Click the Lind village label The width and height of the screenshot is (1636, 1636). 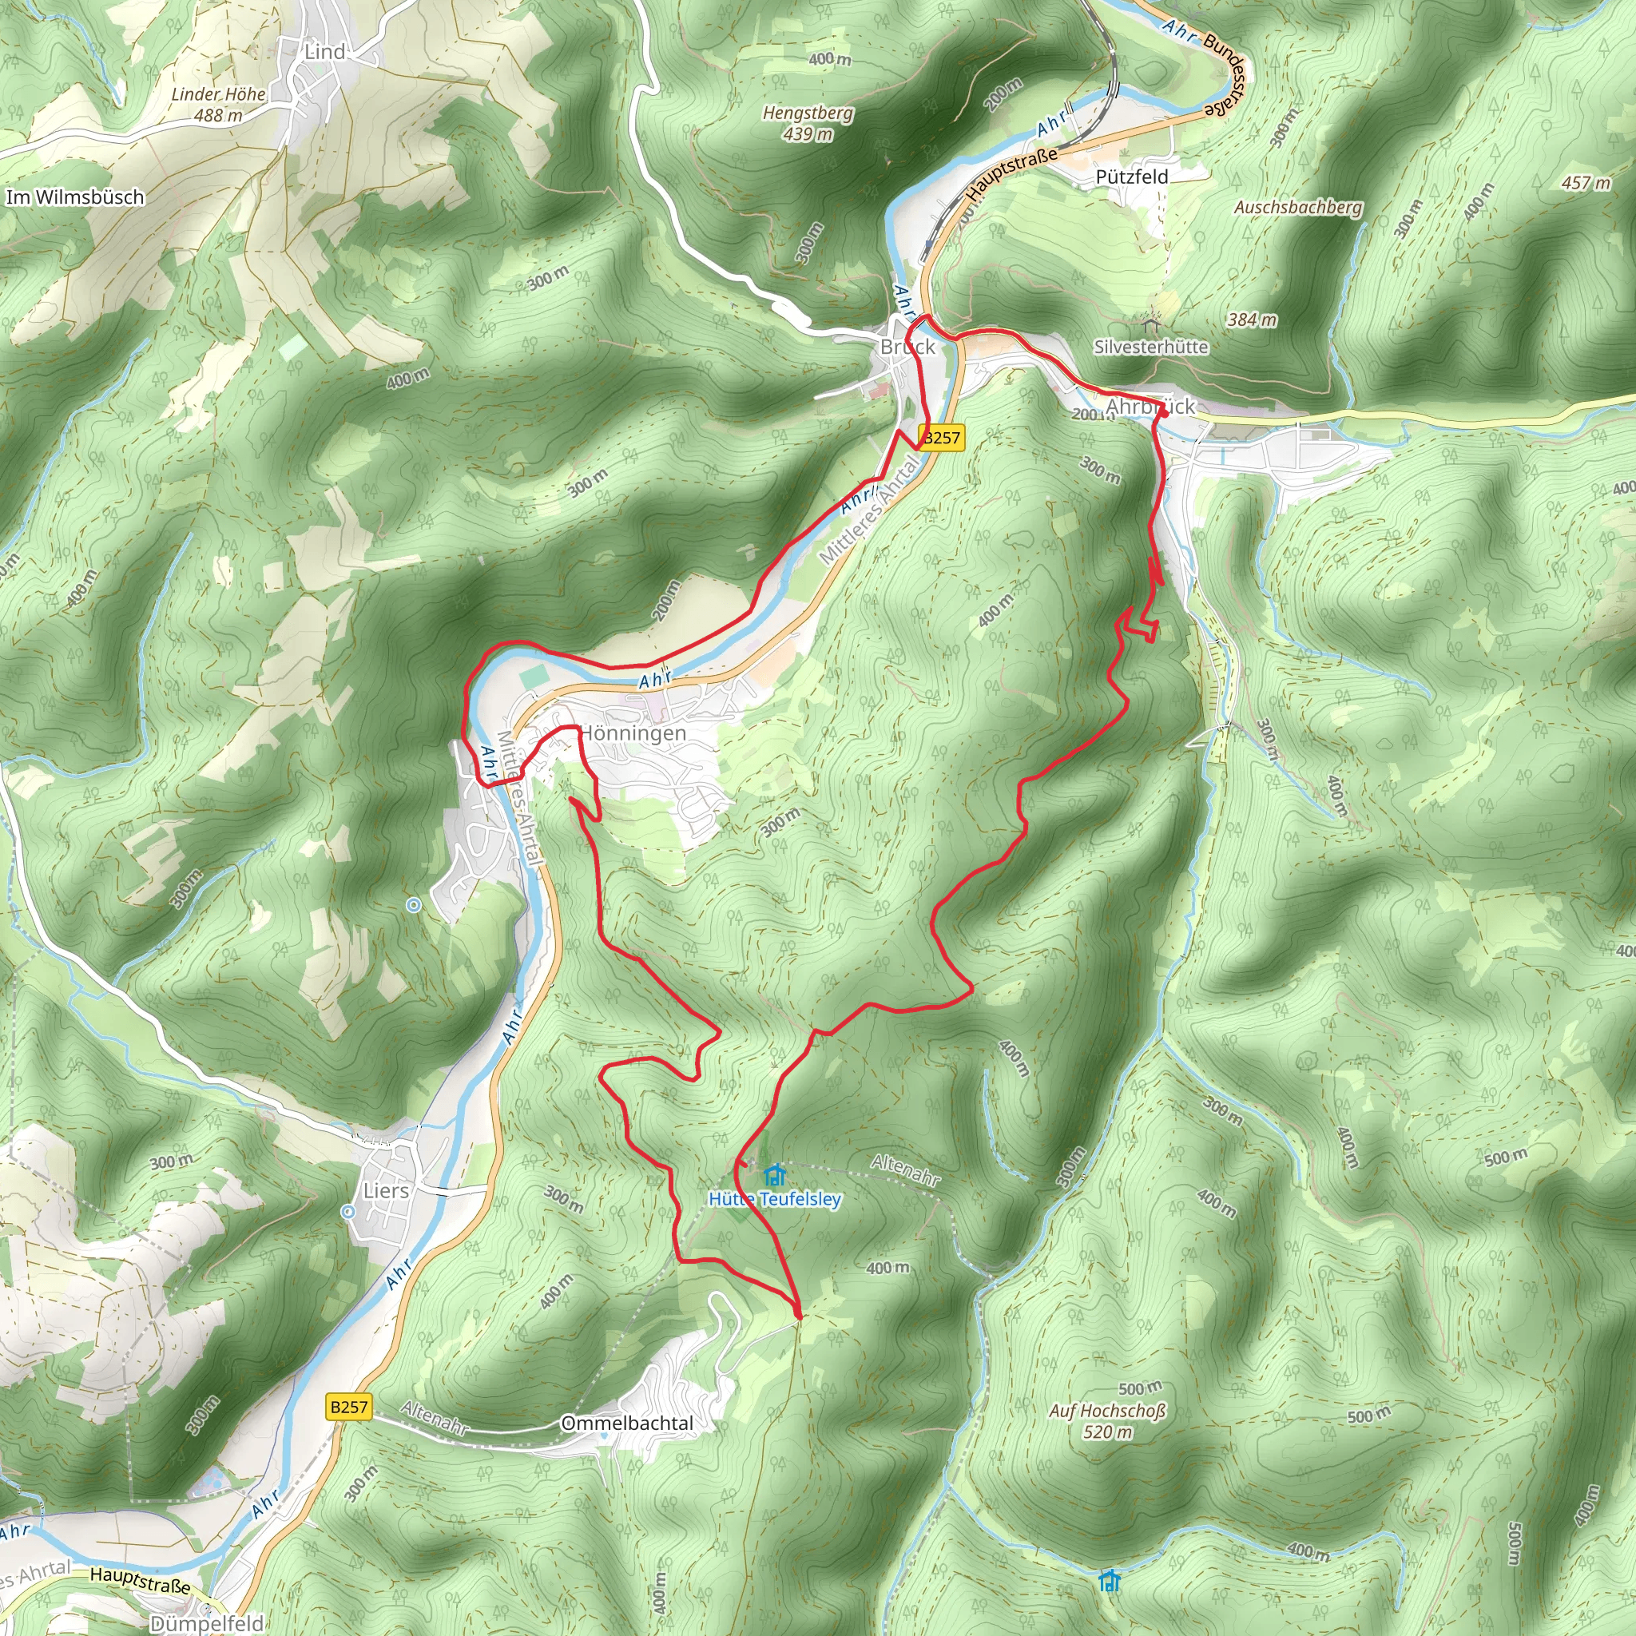pyautogui.click(x=324, y=52)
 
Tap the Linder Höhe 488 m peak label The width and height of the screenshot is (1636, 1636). pyautogui.click(x=218, y=105)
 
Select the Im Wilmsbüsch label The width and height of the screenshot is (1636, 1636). pyautogui.click(x=75, y=197)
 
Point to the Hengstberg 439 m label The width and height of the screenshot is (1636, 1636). pyautogui.click(x=808, y=123)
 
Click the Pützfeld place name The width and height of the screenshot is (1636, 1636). pyautogui.click(x=1131, y=177)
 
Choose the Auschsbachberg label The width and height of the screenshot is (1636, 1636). pyautogui.click(x=1298, y=208)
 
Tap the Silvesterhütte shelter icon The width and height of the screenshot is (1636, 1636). pyautogui.click(x=1149, y=324)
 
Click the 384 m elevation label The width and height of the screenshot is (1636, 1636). pyautogui.click(x=1252, y=320)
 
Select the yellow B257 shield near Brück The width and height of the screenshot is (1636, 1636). pyautogui.click(x=942, y=437)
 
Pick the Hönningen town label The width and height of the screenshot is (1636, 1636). pyautogui.click(x=633, y=733)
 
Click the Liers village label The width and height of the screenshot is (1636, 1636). pyautogui.click(x=386, y=1190)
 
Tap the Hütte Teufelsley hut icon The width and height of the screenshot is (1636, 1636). pyautogui.click(x=774, y=1175)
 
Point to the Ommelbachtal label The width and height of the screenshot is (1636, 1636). pyautogui.click(x=627, y=1424)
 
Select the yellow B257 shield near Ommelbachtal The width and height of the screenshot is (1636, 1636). pyautogui.click(x=349, y=1408)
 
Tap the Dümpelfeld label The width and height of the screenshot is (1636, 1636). pyautogui.click(x=207, y=1623)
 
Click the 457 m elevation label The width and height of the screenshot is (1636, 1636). pyautogui.click(x=1586, y=183)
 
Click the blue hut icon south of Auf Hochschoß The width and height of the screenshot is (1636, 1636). pyautogui.click(x=1110, y=1580)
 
